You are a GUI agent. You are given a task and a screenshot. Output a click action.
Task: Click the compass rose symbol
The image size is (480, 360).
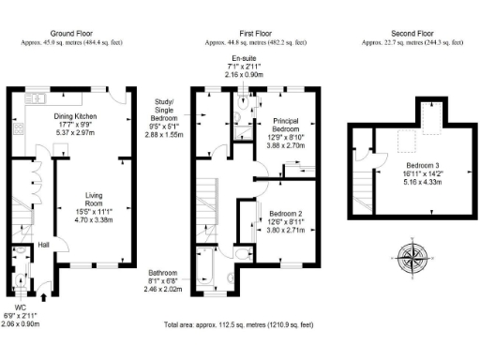point(412,256)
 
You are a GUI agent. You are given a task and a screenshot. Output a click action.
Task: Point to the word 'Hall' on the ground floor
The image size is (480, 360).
point(43,246)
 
